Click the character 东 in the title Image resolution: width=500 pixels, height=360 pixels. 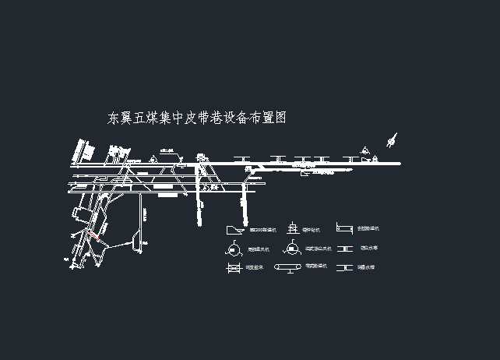[x=114, y=118]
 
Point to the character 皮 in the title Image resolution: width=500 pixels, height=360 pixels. [x=192, y=118]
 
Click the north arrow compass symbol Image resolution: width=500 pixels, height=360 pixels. [x=392, y=141]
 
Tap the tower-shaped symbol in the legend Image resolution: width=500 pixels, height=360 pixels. [x=292, y=228]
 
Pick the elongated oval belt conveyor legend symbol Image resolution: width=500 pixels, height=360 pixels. [x=290, y=268]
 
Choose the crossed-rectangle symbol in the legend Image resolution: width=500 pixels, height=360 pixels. [x=233, y=268]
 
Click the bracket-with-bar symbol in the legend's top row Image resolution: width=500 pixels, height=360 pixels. [x=344, y=228]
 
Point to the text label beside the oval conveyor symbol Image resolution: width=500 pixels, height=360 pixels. [x=315, y=266]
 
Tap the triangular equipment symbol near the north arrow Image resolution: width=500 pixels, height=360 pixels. [x=364, y=151]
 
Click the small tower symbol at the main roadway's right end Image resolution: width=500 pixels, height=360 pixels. [x=375, y=159]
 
